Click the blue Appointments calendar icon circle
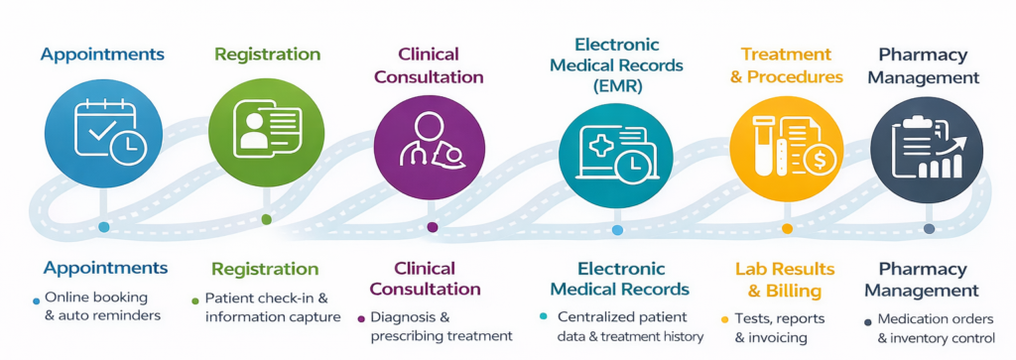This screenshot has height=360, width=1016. tap(103, 134)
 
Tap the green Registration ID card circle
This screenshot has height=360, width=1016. tap(266, 133)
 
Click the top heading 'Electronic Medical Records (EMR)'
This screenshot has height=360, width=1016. tap(615, 65)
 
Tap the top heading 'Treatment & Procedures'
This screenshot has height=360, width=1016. tap(787, 65)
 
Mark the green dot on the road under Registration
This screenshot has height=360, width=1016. tap(266, 219)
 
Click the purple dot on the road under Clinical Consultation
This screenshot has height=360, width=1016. tap(432, 227)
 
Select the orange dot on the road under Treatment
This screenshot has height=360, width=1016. tap(787, 228)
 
